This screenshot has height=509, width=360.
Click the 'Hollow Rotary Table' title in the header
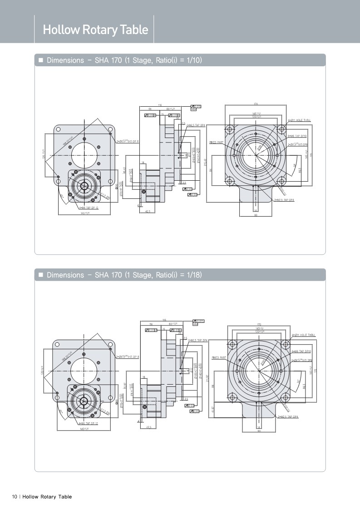[95, 30]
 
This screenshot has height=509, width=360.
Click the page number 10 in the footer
[15, 497]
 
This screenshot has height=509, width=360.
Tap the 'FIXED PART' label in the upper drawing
[217, 142]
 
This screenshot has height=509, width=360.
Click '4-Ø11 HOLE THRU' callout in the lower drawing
[303, 335]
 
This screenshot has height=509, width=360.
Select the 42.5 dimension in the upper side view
[148, 212]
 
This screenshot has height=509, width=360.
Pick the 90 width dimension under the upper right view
[256, 215]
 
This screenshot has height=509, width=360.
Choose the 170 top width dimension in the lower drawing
[259, 324]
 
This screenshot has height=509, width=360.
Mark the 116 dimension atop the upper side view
[160, 105]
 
